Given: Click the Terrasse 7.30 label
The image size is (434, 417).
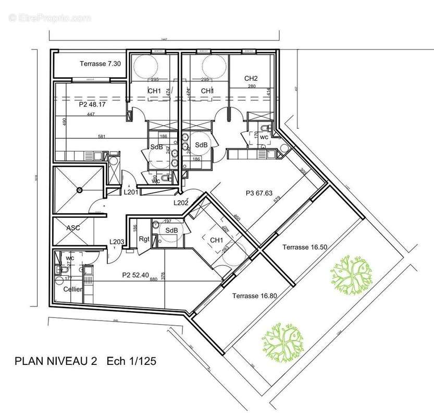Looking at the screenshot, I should pyautogui.click(x=100, y=64).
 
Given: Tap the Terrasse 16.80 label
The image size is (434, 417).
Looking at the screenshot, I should pyautogui.click(x=254, y=296).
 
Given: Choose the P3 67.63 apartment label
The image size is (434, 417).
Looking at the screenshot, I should pyautogui.click(x=259, y=193).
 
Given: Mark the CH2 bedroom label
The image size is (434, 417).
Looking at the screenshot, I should pyautogui.click(x=251, y=79).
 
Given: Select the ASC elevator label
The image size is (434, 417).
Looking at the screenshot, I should pyautogui.click(x=73, y=228).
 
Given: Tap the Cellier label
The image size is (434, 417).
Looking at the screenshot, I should pyautogui.click(x=72, y=289).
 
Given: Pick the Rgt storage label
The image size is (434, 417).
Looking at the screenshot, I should pyautogui.click(x=144, y=239).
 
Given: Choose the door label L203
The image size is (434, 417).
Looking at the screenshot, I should pyautogui.click(x=116, y=241).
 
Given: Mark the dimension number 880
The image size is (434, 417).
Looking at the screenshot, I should pyautogui.click(x=154, y=279).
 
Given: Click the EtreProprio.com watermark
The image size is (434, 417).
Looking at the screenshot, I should pyautogui.click(x=49, y=18).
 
